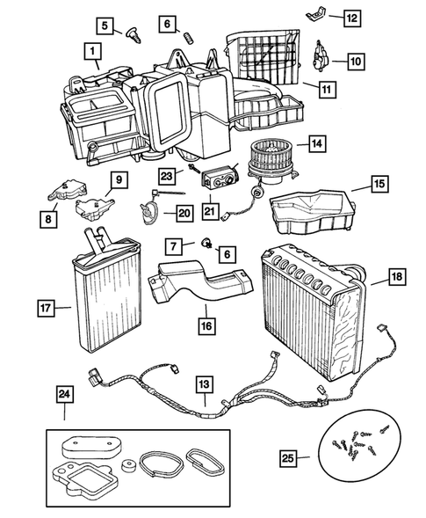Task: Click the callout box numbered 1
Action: (93, 52)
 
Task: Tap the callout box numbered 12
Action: (350, 17)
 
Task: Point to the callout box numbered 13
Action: (204, 383)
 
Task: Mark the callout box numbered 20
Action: (184, 211)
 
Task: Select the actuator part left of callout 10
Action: (321, 59)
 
